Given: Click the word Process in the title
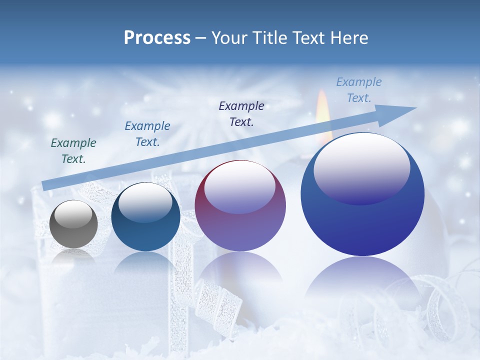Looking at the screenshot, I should click(x=157, y=38).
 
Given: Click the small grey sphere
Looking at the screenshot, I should click(x=73, y=225).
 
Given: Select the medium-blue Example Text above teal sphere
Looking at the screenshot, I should click(x=147, y=134).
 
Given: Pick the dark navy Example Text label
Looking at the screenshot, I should click(x=241, y=113).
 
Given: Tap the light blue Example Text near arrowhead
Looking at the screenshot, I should click(x=359, y=90).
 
